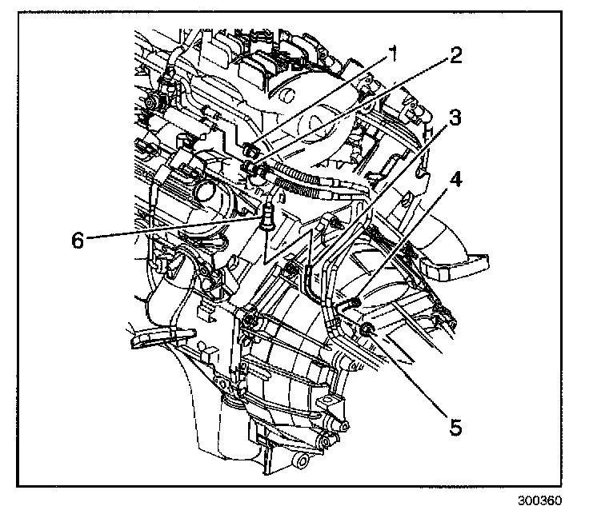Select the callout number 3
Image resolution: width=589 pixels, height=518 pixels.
[454, 118]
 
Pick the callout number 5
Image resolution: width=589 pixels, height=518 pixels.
[454, 428]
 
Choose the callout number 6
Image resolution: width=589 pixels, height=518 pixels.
[77, 238]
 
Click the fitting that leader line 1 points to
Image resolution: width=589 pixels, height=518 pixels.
[252, 149]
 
